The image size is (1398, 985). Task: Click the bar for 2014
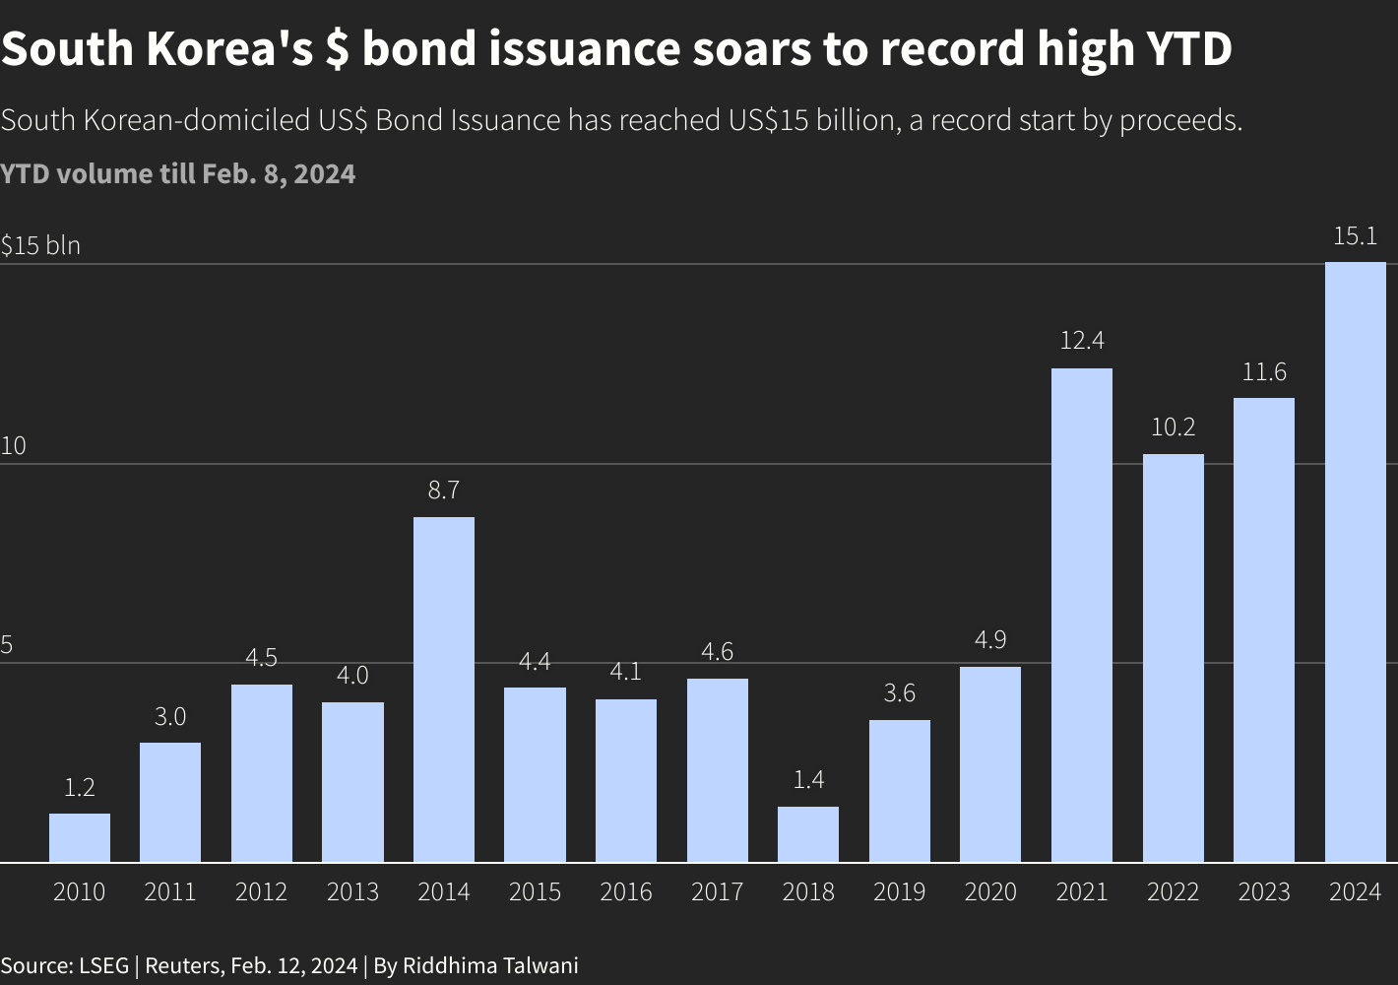[443, 689]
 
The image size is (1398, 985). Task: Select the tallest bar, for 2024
[1355, 561]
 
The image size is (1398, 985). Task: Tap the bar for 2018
[808, 834]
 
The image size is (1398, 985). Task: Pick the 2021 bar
[1081, 616]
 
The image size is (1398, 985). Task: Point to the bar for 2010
[80, 837]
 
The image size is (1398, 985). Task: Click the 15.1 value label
[1355, 236]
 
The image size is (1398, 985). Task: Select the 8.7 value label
[443, 491]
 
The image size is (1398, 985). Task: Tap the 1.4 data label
[808, 780]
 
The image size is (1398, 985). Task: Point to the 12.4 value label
[1081, 341]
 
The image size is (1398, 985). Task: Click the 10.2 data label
[1173, 427]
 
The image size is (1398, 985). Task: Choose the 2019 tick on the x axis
[899, 892]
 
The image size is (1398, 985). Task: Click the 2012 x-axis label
[261, 892]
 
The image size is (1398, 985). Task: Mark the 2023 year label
[1263, 892]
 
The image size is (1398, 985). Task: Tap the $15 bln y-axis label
[40, 245]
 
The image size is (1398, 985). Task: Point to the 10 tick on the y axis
[13, 445]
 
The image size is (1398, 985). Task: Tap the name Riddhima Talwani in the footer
[489, 965]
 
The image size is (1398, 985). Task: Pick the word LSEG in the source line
[103, 965]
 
